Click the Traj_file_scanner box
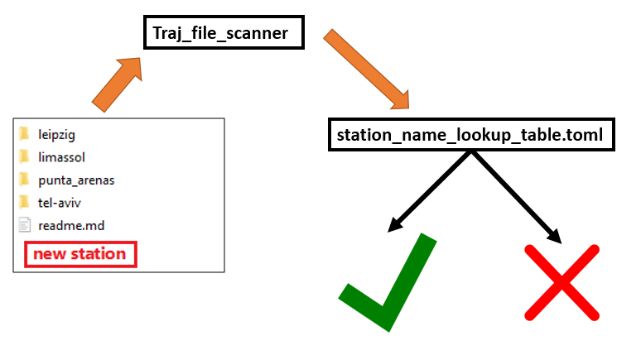tap(224, 33)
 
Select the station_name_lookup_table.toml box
tap(471, 135)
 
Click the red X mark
tap(561, 282)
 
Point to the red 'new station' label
tap(80, 254)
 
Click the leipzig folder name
tap(57, 135)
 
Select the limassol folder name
tap(62, 157)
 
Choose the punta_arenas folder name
tap(76, 180)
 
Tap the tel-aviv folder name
tap(60, 203)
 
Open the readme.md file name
tap(71, 226)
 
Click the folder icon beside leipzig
tap(24, 133)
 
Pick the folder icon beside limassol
tap(24, 156)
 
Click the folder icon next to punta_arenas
tap(24, 180)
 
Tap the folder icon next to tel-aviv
tap(24, 202)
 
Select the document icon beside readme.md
tap(25, 225)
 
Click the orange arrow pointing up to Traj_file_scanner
tap(117, 84)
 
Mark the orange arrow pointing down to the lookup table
tap(366, 69)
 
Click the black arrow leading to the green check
tap(429, 192)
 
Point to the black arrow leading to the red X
tap(516, 197)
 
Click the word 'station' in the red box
tap(99, 254)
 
